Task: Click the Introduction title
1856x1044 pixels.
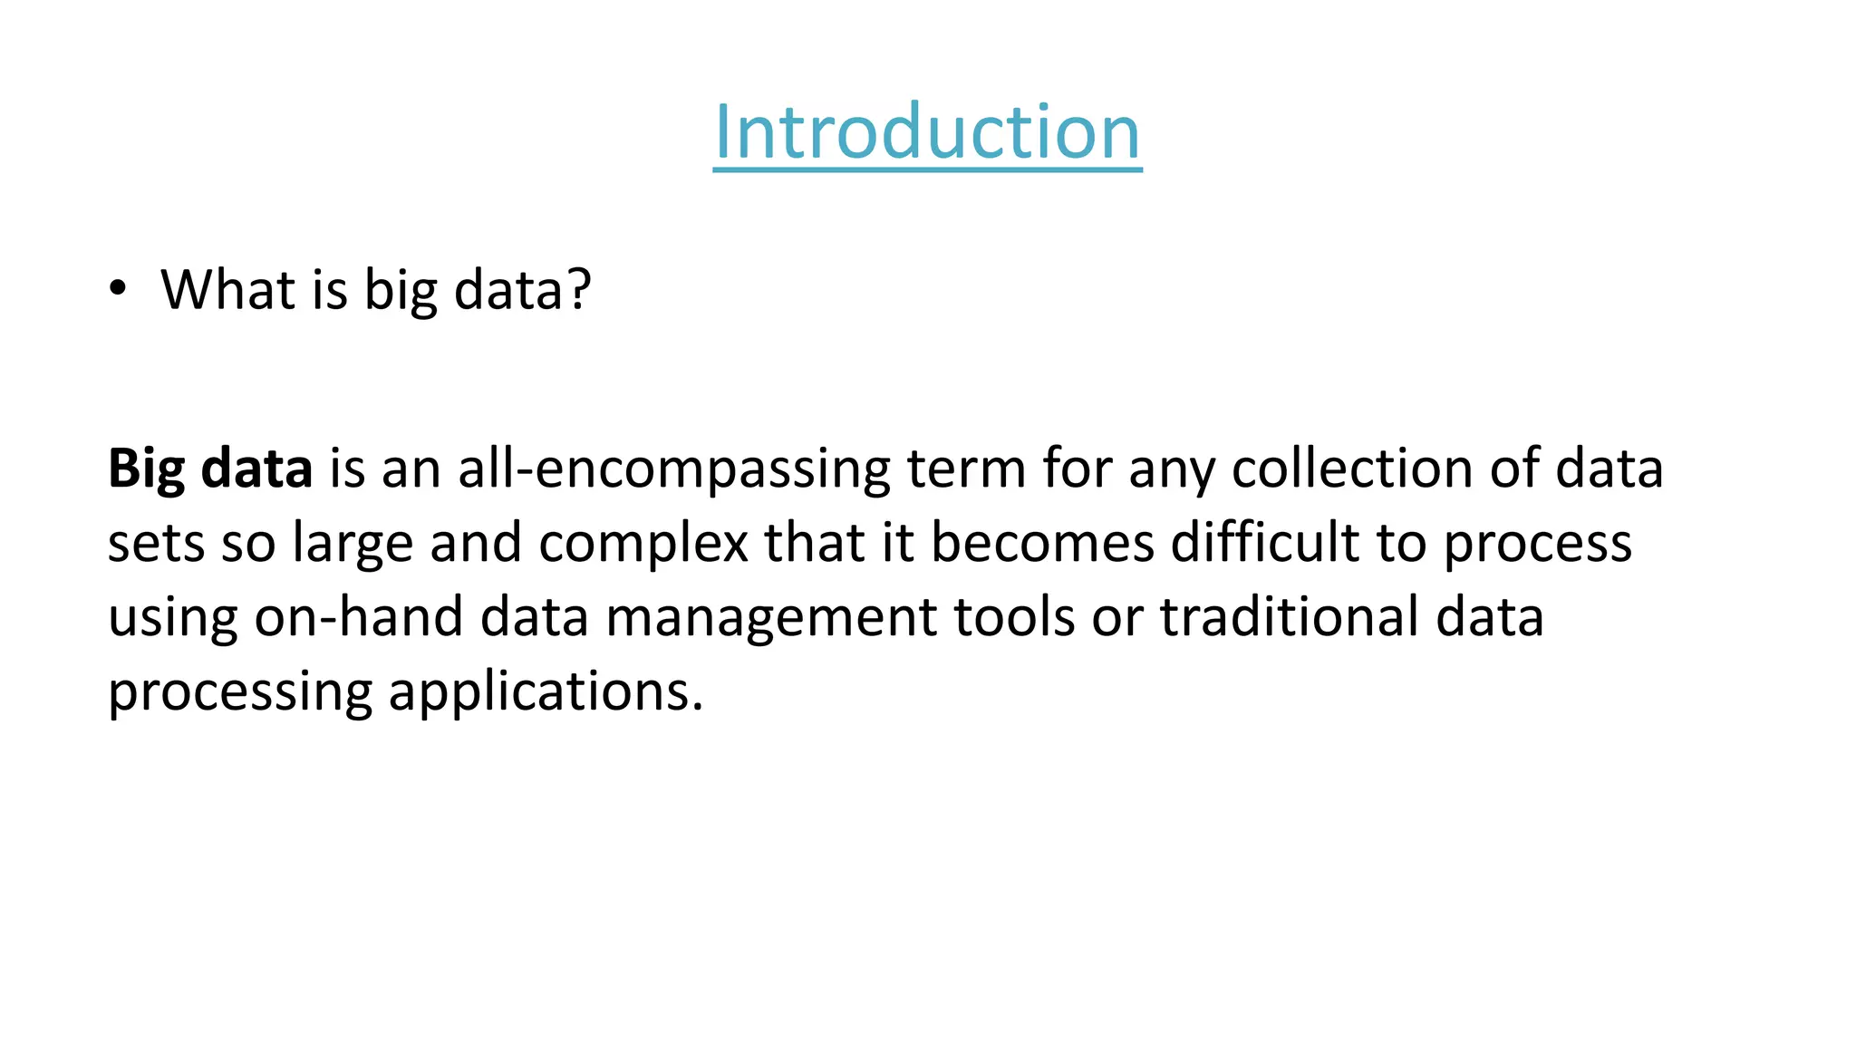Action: (927, 132)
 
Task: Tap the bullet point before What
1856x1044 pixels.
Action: (117, 289)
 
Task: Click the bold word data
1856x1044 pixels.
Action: (256, 469)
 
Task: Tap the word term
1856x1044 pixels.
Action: (966, 469)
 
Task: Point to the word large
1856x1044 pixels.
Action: (353, 544)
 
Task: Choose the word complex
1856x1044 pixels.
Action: (643, 544)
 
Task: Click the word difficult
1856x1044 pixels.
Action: (1265, 542)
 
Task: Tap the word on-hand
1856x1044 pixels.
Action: (358, 617)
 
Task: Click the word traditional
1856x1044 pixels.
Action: (1290, 617)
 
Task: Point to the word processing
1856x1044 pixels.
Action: (239, 692)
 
